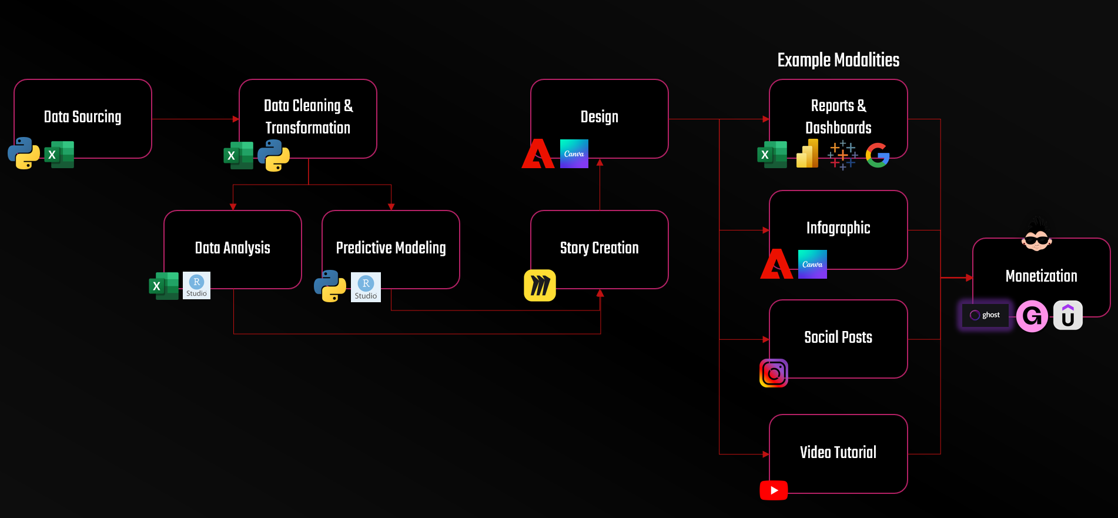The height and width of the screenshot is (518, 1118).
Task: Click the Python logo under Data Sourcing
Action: click(x=24, y=153)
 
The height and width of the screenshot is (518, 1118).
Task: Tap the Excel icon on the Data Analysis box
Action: click(x=163, y=286)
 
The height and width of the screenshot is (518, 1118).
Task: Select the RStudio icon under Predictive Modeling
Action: click(x=366, y=288)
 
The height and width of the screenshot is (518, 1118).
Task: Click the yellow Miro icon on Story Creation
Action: click(x=540, y=286)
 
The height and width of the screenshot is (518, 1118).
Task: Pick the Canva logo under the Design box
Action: click(x=574, y=153)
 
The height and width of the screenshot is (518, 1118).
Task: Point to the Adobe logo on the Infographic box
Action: click(x=776, y=264)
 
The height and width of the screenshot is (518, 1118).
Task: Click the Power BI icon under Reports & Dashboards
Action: click(x=807, y=154)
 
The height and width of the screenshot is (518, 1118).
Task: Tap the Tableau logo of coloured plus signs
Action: click(x=842, y=155)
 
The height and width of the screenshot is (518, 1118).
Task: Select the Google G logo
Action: click(x=878, y=155)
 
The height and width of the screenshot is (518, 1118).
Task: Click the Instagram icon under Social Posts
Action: click(x=774, y=373)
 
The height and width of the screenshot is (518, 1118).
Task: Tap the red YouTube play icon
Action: click(x=774, y=490)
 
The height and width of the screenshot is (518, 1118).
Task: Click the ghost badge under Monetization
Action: click(x=985, y=315)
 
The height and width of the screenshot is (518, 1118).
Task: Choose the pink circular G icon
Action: click(x=1032, y=316)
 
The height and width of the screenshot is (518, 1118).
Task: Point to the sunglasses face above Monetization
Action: click(x=1036, y=236)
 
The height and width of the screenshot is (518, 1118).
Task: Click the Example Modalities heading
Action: click(x=838, y=60)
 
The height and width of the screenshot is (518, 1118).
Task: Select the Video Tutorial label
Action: click(x=838, y=452)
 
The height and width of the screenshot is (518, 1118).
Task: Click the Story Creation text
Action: click(x=599, y=248)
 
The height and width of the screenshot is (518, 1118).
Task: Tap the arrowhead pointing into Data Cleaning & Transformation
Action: click(x=236, y=119)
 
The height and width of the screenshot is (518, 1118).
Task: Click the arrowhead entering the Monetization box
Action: click(x=969, y=278)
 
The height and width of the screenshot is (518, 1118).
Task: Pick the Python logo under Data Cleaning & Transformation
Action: click(x=273, y=155)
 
